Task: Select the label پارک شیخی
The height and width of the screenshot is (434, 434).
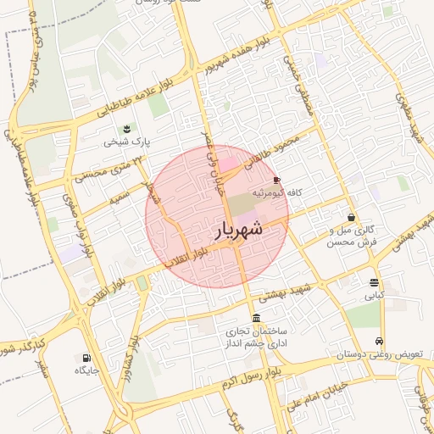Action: [x=126, y=142]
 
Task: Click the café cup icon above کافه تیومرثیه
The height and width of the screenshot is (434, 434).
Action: [x=276, y=180]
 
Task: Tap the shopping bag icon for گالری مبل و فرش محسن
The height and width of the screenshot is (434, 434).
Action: [x=351, y=217]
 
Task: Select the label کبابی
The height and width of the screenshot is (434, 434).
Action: [x=375, y=296]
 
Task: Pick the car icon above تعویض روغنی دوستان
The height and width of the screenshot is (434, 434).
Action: [x=379, y=341]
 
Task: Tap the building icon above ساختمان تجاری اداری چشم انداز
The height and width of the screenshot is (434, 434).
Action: [x=257, y=317]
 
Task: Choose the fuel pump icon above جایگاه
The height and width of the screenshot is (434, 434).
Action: [x=86, y=358]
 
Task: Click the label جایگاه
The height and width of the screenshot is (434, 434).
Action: [x=87, y=370]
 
